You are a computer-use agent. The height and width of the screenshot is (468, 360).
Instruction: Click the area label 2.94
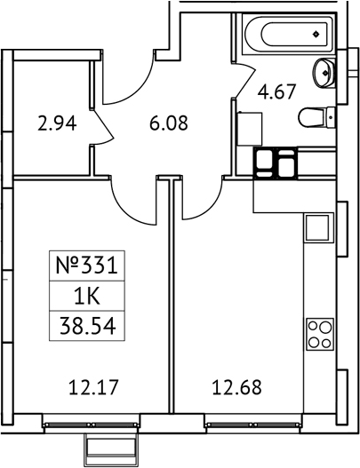(x=57, y=123)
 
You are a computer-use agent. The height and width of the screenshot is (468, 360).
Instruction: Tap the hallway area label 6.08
(x=169, y=123)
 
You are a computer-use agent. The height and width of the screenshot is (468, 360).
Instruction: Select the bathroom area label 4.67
(x=276, y=91)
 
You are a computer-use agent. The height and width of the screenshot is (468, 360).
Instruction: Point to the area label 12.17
(x=94, y=387)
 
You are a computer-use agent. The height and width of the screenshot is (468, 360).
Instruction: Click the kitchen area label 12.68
(x=237, y=387)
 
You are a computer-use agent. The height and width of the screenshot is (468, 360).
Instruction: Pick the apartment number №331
(x=86, y=266)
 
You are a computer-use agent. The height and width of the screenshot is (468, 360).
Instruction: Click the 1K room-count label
(x=87, y=297)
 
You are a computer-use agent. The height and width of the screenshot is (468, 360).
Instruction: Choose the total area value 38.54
(x=87, y=327)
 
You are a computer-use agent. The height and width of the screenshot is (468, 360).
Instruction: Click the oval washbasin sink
(x=324, y=73)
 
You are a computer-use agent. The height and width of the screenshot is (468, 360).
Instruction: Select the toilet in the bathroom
(x=316, y=117)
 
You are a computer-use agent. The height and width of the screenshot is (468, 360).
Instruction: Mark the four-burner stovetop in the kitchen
(x=320, y=334)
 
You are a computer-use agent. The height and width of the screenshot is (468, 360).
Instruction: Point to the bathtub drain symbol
(x=316, y=35)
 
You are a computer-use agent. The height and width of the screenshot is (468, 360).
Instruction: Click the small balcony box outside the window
(x=112, y=447)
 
